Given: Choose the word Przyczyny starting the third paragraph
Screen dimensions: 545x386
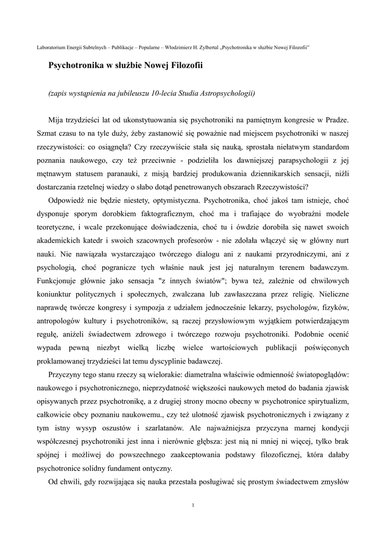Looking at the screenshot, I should (66, 376).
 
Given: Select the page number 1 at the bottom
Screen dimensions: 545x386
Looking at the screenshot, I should (192, 505).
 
